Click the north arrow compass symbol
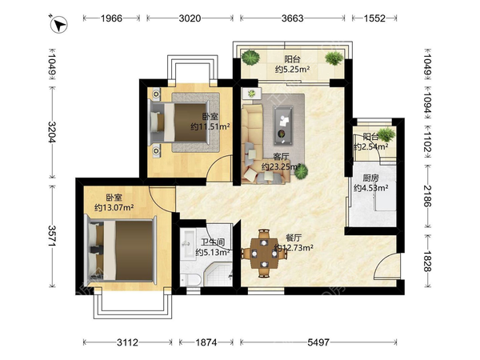(x=59, y=24)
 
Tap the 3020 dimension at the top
(x=190, y=18)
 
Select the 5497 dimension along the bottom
(x=318, y=342)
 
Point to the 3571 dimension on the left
(x=52, y=236)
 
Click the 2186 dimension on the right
(x=428, y=196)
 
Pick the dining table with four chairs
(x=264, y=253)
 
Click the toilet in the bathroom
(x=190, y=279)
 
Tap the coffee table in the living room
(x=283, y=125)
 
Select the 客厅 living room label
(x=281, y=157)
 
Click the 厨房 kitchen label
(x=370, y=178)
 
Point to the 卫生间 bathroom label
(x=213, y=242)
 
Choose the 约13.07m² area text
(x=114, y=207)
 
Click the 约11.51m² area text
(x=210, y=126)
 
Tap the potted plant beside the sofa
(x=302, y=171)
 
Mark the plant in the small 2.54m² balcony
(x=386, y=134)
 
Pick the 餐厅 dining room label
(x=294, y=238)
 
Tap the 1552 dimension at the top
(x=374, y=18)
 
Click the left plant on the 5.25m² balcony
(x=250, y=58)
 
